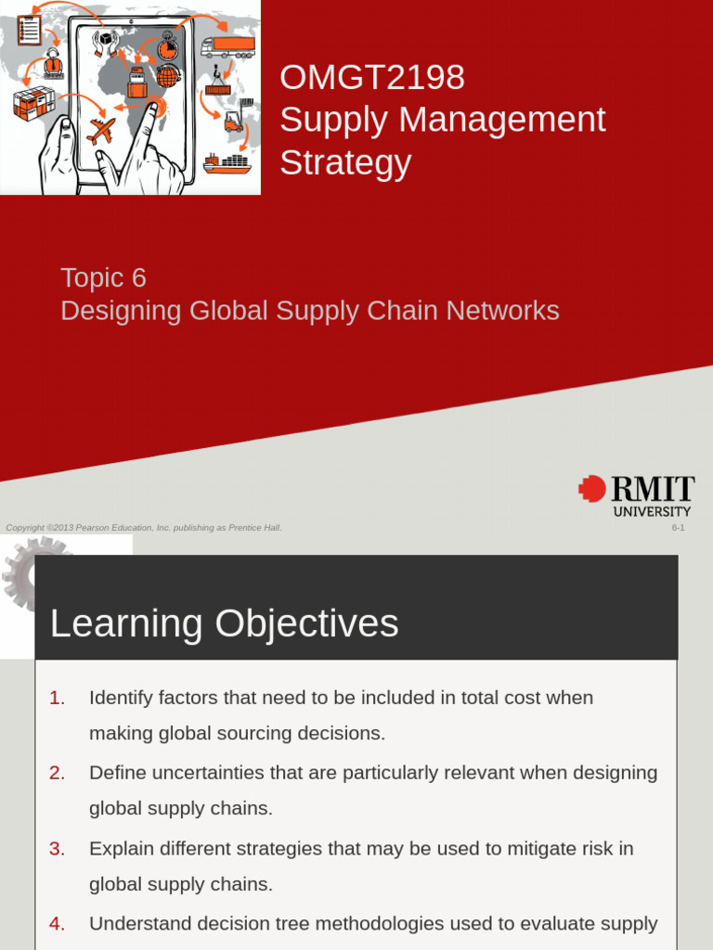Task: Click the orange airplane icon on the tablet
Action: click(x=101, y=130)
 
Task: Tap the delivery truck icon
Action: click(x=227, y=45)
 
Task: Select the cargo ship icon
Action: click(x=227, y=163)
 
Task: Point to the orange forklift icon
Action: click(x=233, y=120)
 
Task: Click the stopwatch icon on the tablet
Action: click(x=168, y=45)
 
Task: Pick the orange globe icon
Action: click(x=167, y=76)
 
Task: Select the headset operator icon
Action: click(x=53, y=63)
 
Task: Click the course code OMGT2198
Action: click(x=372, y=78)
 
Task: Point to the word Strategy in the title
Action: click(x=345, y=163)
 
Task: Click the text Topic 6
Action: click(x=103, y=277)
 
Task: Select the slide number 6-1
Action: click(x=678, y=528)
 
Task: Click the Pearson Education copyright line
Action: click(x=144, y=528)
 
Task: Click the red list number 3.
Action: click(x=58, y=848)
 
